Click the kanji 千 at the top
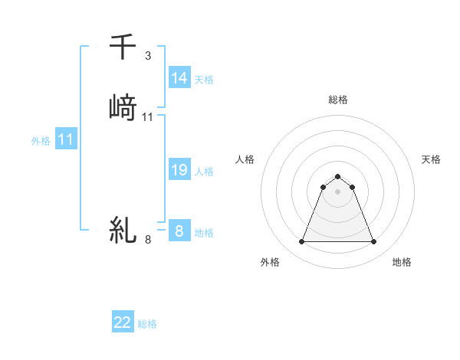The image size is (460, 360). [123, 47]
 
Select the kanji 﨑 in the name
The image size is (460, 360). [123, 107]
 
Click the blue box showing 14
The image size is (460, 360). [179, 78]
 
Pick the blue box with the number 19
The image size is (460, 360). [179, 170]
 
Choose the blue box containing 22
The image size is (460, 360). [123, 322]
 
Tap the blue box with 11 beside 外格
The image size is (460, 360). [66, 140]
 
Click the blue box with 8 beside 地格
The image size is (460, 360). [179, 231]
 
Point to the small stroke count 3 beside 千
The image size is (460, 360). [148, 56]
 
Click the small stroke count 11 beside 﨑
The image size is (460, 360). [148, 117]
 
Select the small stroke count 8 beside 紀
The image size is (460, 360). [148, 240]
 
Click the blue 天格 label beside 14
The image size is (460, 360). [204, 80]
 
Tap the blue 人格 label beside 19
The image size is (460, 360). [204, 172]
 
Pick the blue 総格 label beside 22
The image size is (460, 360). [147, 324]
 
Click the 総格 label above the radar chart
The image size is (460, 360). [337, 100]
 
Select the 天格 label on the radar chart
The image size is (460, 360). [431, 159]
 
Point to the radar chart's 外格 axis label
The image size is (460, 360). [270, 263]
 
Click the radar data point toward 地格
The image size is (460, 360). [373, 242]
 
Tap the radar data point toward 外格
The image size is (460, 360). [301, 242]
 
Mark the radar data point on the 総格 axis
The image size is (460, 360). [337, 177]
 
